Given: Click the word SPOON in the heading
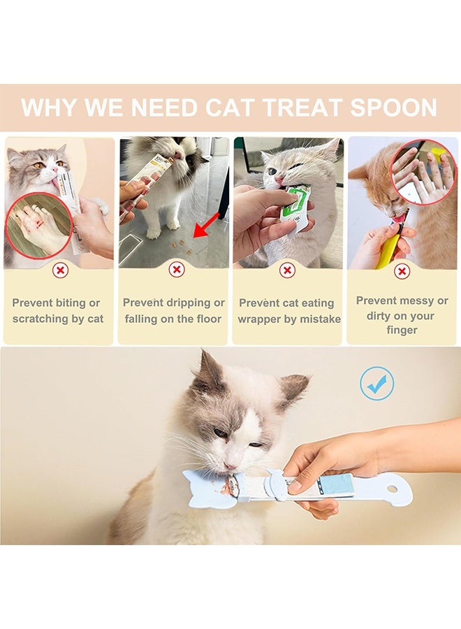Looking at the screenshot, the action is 393,108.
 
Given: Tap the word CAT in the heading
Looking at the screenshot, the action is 230,108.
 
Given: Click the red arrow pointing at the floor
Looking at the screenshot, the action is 206,226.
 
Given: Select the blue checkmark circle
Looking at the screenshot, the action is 376,383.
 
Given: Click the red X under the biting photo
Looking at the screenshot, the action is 60,270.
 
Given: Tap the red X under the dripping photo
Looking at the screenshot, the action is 177,270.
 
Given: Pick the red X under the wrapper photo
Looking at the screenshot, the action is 287,270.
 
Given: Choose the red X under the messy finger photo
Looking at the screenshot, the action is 402,272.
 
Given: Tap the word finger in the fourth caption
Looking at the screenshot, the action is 402,330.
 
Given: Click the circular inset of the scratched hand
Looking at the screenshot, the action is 39,226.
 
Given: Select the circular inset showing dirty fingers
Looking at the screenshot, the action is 423,173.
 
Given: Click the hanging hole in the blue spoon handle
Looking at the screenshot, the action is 392,489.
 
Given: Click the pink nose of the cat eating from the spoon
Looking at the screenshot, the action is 229,466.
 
